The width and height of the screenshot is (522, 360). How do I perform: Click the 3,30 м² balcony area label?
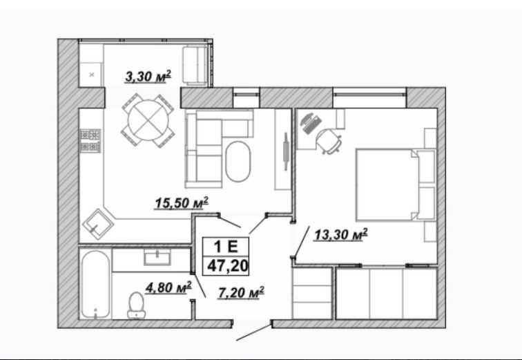(148, 77)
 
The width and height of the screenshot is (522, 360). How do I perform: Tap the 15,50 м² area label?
(182, 203)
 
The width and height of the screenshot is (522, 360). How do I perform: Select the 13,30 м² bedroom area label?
(341, 234)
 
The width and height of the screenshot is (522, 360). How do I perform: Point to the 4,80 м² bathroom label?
(168, 287)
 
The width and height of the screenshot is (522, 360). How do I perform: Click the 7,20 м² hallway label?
(242, 293)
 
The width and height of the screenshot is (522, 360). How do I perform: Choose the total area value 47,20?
(227, 266)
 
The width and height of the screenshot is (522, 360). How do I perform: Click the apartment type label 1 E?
(225, 247)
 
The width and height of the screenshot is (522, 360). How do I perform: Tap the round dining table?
(148, 120)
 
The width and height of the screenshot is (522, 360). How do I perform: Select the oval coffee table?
(238, 162)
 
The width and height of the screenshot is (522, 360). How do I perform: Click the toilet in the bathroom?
(136, 305)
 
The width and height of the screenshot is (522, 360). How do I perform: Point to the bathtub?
(95, 284)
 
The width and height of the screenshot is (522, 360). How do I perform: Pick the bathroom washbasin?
(157, 258)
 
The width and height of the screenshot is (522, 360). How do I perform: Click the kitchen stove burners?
(90, 141)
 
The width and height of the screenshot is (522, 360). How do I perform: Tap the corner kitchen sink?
(98, 224)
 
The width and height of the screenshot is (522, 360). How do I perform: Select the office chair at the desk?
(329, 141)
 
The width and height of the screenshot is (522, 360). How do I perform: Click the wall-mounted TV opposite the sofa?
(285, 151)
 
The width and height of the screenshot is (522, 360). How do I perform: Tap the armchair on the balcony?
(196, 66)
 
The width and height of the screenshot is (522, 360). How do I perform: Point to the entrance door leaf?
(254, 332)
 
